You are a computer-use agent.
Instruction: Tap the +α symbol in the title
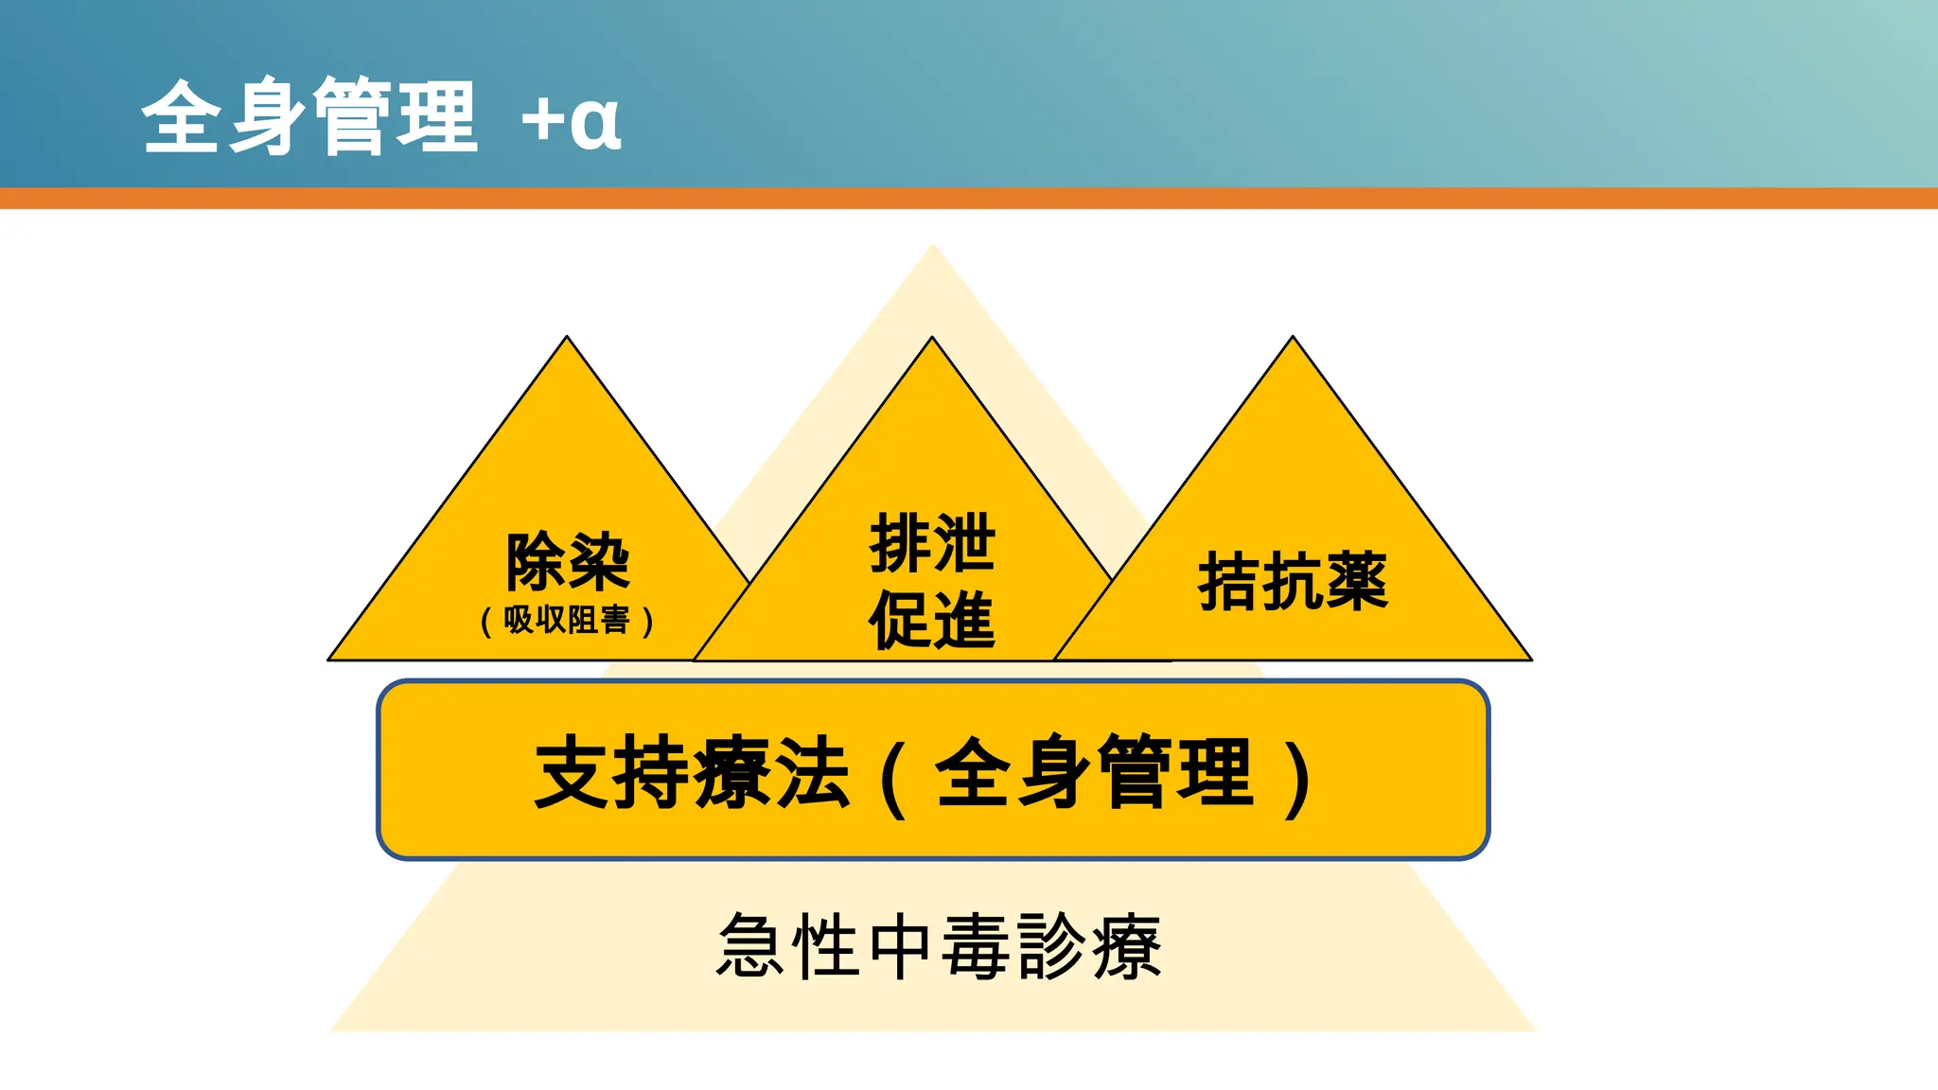(x=572, y=121)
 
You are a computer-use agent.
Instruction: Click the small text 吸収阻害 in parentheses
(x=567, y=621)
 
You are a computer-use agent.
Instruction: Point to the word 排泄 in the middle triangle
(x=932, y=543)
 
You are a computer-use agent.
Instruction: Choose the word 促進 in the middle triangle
(x=932, y=620)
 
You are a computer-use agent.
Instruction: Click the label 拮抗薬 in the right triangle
(x=1293, y=581)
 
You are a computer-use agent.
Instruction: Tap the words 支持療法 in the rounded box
(x=692, y=773)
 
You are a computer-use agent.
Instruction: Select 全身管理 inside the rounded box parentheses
(x=1095, y=773)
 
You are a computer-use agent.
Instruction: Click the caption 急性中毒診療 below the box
(x=939, y=946)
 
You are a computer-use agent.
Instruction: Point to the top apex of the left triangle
(x=567, y=338)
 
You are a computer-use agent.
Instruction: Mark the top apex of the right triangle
(x=1293, y=338)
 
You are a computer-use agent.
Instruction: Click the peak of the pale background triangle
(x=932, y=248)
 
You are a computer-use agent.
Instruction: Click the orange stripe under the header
(x=969, y=198)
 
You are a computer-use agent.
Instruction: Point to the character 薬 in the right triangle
(x=1357, y=581)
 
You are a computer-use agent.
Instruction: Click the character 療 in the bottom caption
(x=1126, y=946)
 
